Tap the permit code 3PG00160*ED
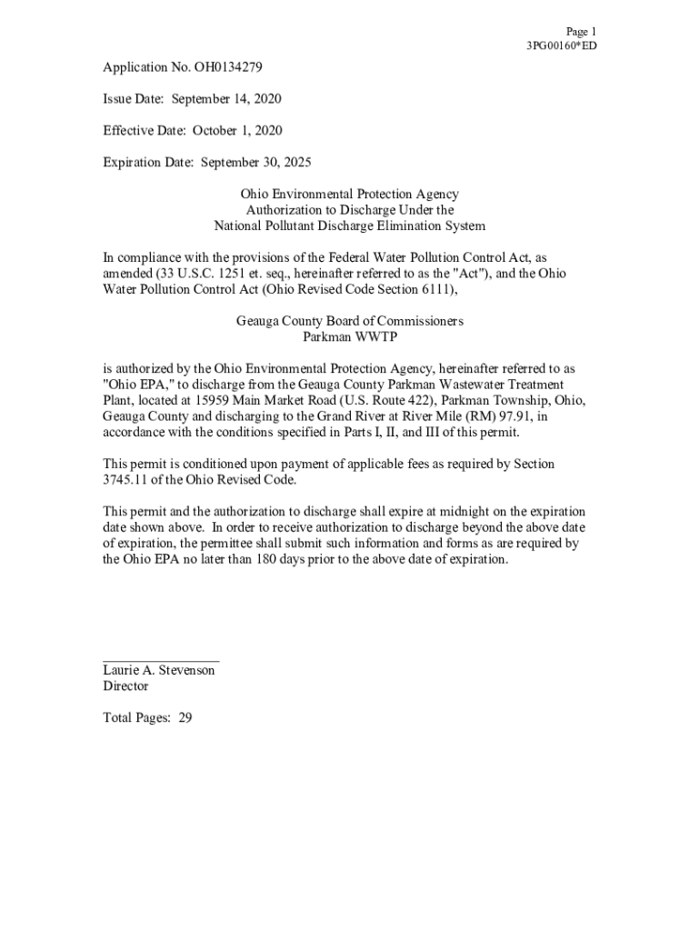click(561, 45)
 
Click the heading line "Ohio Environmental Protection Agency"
click(349, 195)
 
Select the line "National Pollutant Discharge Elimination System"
click(349, 226)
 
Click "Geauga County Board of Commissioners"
click(349, 322)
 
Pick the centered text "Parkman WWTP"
click(349, 337)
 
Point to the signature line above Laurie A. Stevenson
click(161, 659)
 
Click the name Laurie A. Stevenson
click(159, 670)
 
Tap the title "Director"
click(125, 686)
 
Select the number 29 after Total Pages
click(185, 718)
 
